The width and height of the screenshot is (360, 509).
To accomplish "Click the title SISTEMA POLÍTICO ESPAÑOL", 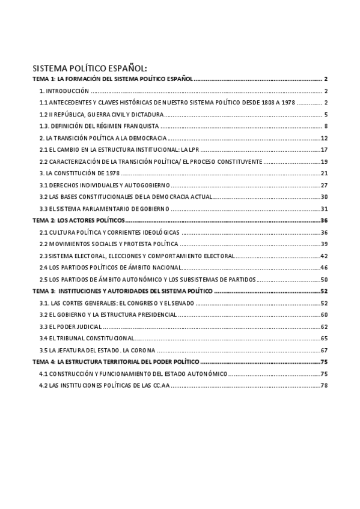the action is click(89, 68).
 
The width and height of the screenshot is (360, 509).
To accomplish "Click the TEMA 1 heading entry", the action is click(112, 79).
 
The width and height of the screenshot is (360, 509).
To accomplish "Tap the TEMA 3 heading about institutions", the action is click(122, 291).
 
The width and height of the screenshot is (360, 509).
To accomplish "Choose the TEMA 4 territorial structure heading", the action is click(115, 362).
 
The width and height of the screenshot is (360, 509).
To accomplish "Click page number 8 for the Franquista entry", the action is click(325, 126).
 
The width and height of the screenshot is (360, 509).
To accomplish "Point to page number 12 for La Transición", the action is click(323, 138).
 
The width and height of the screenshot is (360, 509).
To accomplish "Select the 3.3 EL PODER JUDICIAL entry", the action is click(70, 327).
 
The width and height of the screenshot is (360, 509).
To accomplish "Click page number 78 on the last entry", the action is click(323, 385).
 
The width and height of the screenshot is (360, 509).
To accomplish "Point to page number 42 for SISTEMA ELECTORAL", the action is click(323, 256).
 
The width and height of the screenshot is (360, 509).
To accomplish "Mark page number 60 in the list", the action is click(323, 315).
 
